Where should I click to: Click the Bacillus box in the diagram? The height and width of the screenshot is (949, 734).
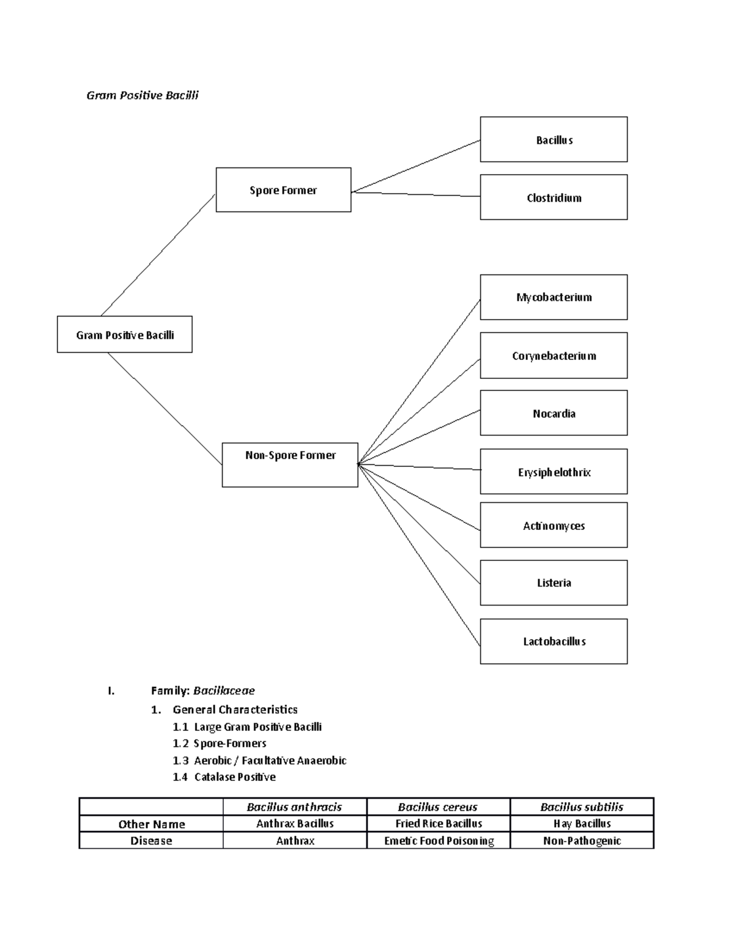554,139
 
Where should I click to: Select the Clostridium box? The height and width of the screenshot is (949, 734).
554,197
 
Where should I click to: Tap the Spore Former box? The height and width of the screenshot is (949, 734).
283,190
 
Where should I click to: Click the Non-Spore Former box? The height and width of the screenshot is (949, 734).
290,464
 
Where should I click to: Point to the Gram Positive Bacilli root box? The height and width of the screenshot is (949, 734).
125,334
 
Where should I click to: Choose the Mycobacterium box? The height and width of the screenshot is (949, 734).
554,297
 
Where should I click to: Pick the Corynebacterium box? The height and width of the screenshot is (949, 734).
554,356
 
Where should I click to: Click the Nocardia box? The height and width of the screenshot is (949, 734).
554,413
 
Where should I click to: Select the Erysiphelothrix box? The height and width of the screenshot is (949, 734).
554,472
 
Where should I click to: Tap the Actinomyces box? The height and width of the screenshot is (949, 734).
554,525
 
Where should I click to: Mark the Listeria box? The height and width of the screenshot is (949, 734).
554,582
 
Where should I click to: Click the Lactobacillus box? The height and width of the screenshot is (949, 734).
554,641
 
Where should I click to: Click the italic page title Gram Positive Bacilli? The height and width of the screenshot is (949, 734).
143,95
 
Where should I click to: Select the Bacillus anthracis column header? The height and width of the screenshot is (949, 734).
294,807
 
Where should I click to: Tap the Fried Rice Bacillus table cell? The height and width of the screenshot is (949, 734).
439,824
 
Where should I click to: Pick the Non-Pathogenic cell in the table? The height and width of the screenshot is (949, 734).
582,841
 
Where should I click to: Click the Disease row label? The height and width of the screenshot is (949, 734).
151,841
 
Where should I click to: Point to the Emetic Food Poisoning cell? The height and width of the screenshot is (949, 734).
439,841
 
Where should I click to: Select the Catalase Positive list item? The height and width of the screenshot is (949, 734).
234,777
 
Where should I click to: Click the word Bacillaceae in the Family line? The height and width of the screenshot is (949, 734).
224,691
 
